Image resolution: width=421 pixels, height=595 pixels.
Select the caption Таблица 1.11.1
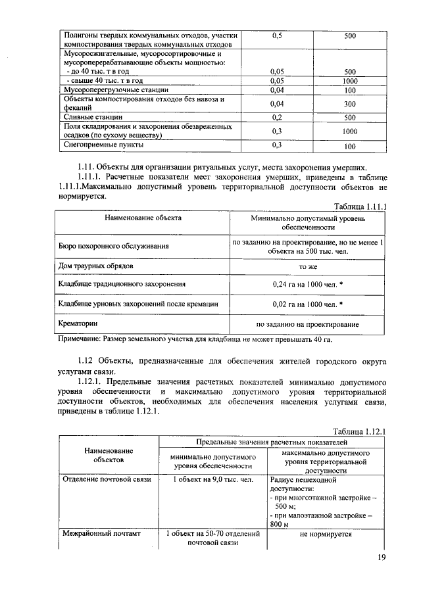point(360,205)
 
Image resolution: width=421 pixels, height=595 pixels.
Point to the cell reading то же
point(308,267)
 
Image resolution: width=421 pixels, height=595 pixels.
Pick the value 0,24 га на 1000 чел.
point(308,285)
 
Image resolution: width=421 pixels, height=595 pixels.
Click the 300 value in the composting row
point(349,104)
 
